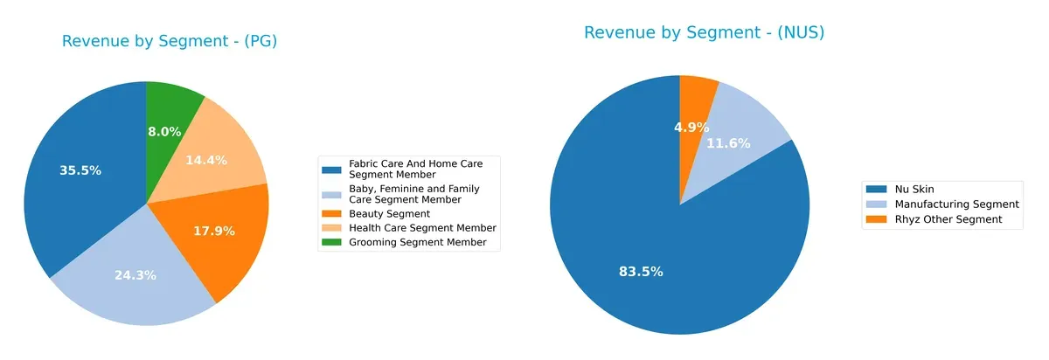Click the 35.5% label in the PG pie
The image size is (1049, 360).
[x=80, y=170]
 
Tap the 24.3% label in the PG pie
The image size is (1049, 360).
[x=135, y=274]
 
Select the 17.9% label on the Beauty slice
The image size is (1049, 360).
[x=214, y=232]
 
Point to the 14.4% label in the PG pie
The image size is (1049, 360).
[x=207, y=160]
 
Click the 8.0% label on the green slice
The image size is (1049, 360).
[x=164, y=132]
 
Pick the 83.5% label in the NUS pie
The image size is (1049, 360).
[x=641, y=272]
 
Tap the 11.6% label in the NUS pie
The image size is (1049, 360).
[x=728, y=143]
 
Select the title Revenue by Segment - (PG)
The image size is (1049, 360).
[x=170, y=41]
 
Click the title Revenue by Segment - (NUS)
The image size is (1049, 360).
[x=705, y=33]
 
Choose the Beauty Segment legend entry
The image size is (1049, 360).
[x=389, y=213]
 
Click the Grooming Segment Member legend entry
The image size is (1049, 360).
[x=417, y=242]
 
